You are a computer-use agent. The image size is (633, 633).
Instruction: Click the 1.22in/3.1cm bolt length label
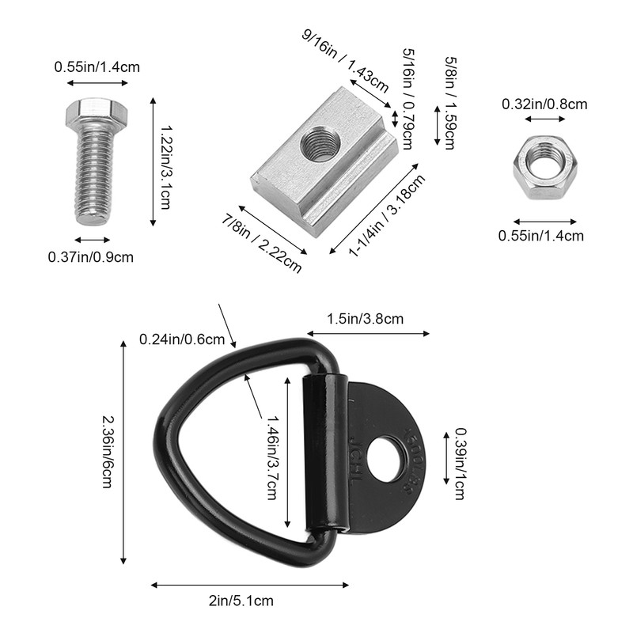(x=166, y=165)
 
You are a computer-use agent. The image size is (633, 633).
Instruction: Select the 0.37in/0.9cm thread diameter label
(x=90, y=256)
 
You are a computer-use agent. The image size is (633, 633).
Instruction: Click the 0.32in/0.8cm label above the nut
(x=544, y=103)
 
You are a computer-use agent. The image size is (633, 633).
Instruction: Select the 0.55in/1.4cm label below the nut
(x=540, y=235)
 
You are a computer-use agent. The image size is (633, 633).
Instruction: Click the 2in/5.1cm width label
(x=241, y=601)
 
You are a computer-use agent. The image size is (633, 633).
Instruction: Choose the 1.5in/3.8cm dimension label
(x=366, y=319)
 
